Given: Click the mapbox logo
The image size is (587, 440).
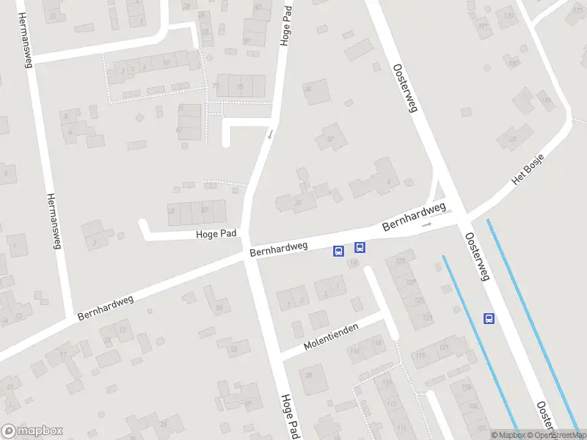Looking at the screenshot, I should pos(32,431).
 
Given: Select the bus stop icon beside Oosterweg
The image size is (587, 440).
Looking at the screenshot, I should pos(489,318).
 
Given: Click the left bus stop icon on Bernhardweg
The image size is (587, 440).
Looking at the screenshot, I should pos(338,251).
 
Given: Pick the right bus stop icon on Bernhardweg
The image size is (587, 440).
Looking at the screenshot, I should pos(360,248).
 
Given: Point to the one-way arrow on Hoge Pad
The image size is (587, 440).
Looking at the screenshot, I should pos(270,134).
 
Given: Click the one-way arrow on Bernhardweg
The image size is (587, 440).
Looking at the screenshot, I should pos(427,224).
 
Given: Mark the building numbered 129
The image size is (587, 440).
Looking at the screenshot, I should pos(401,262).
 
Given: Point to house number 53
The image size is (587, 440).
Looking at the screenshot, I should pos(233,349).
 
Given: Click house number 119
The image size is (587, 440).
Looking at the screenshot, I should pos(420,355).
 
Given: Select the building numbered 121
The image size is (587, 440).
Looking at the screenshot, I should pos(443,345).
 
